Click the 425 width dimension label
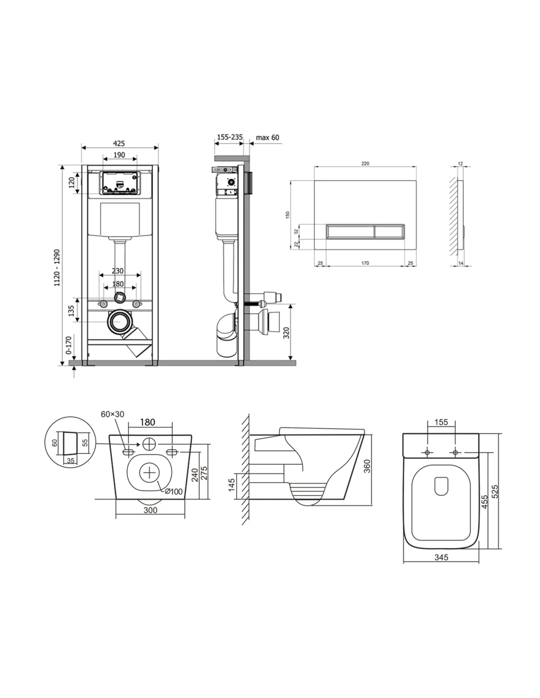(119, 143)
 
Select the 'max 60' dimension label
(267, 137)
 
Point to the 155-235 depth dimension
(230, 137)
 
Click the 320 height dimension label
(286, 332)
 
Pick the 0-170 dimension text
(68, 345)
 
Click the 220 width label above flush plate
(365, 163)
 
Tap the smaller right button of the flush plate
(389, 232)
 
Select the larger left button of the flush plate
(351, 232)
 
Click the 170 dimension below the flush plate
(365, 263)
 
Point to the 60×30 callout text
(112, 414)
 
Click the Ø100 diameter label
(174, 491)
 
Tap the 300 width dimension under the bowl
(150, 510)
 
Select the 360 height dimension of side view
(367, 466)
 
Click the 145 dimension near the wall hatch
(231, 485)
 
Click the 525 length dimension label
(495, 491)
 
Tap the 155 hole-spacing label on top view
(441, 422)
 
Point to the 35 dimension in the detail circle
(71, 460)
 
